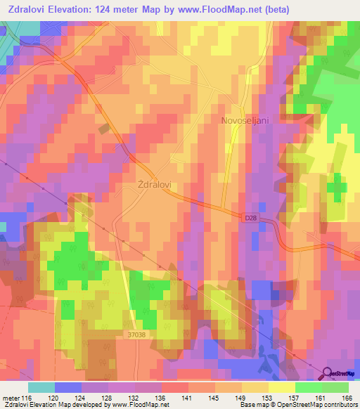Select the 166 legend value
point(343,398)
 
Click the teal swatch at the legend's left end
point(41,387)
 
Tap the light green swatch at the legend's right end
point(335,387)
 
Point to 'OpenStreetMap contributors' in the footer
point(312,405)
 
